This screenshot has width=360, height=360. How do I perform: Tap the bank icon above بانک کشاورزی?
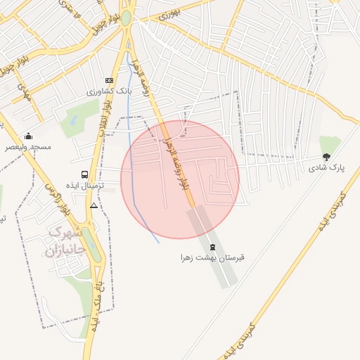[x=108, y=80]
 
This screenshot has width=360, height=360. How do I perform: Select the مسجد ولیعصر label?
[x=29, y=147]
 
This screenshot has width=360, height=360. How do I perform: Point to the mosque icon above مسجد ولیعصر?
[x=28, y=136]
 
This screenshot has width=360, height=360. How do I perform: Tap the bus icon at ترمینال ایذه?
[x=85, y=174]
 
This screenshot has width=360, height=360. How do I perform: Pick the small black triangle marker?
[x=94, y=205]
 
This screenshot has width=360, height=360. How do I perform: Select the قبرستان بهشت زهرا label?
[x=212, y=258]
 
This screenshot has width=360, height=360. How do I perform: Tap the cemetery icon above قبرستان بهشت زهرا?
[x=212, y=247]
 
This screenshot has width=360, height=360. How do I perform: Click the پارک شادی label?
[x=326, y=168]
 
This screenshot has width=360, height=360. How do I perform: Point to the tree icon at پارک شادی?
[x=326, y=157]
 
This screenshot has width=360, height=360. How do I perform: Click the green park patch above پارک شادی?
[x=329, y=143]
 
